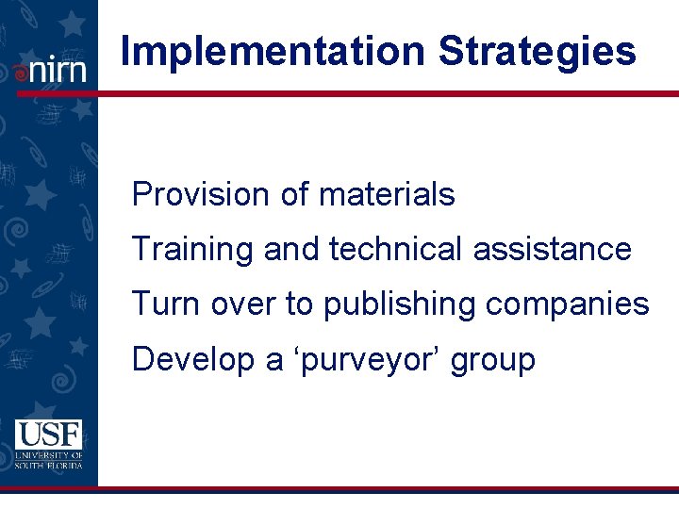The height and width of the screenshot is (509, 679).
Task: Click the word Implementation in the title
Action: [273, 53]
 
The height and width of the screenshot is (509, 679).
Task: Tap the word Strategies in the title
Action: [537, 53]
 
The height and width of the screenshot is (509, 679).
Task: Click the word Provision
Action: [200, 195]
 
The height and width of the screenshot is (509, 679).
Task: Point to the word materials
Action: [387, 195]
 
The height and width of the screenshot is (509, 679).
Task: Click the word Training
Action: [193, 250]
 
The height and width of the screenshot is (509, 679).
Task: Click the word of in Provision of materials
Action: [294, 195]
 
